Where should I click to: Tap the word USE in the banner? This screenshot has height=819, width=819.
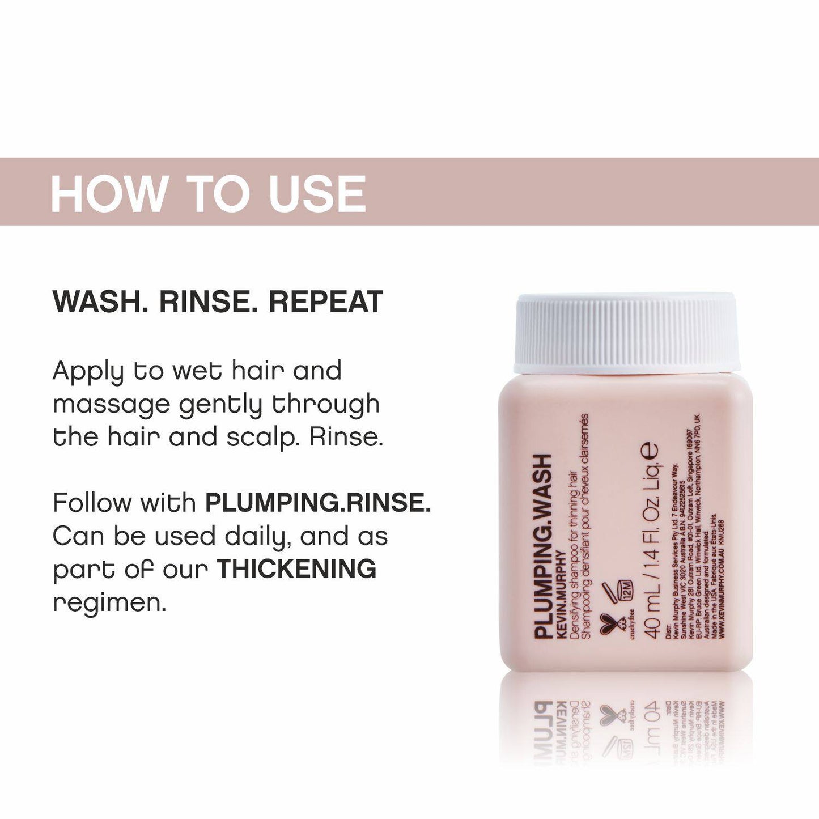[318, 194]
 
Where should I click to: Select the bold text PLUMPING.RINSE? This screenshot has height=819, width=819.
[318, 503]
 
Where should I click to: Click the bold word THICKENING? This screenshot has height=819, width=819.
[296, 569]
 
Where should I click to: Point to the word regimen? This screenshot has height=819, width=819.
[109, 603]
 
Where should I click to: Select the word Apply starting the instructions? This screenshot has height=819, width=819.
[87, 372]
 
